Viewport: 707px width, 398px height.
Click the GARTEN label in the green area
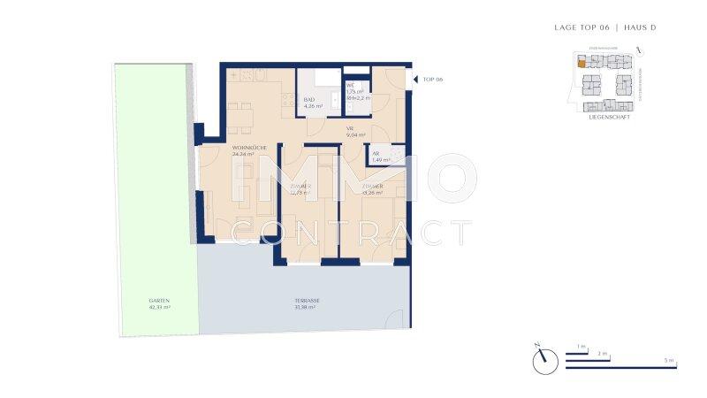point(159,301)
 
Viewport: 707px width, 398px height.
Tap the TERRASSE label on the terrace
point(308,301)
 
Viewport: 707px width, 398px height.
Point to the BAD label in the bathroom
point(309,100)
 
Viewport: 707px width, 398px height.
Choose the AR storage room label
point(376,154)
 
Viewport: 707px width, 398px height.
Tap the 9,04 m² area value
point(355,135)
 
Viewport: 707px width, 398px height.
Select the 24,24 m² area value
point(243,154)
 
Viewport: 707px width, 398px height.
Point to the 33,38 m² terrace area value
point(308,307)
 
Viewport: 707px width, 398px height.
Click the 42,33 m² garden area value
point(159,307)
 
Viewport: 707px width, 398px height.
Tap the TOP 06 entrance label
point(433,80)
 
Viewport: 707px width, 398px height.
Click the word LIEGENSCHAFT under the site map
point(609,117)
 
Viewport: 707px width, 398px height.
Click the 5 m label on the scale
point(671,361)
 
